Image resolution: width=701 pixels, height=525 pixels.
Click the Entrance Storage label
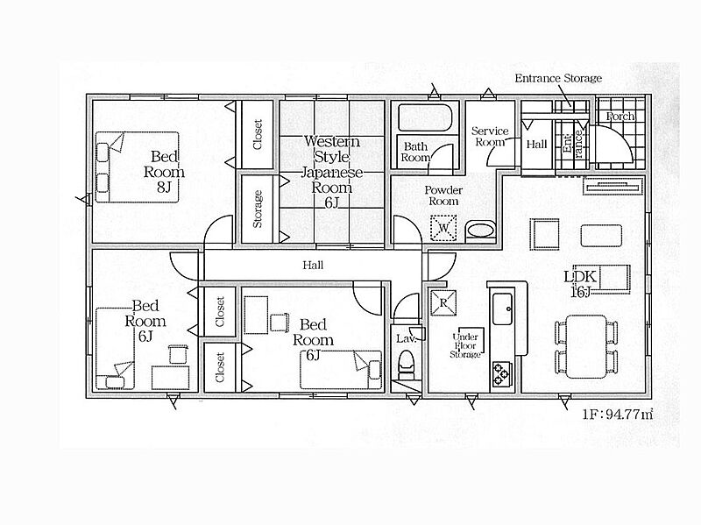point(558,78)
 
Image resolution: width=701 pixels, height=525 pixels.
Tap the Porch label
point(620,117)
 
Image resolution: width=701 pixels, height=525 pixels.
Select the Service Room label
point(490,137)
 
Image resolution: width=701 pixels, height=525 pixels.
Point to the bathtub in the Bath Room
point(425,117)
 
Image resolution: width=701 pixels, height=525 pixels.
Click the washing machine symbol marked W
point(443,228)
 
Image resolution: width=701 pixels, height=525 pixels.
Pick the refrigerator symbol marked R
point(443,302)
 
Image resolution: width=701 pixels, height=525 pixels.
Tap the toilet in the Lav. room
point(406,364)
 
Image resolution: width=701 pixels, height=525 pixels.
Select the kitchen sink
point(502,309)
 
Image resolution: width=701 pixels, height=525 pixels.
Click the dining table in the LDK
point(586,346)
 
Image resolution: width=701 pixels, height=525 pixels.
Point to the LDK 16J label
point(580,283)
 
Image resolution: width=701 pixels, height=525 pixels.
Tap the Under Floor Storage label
point(465,345)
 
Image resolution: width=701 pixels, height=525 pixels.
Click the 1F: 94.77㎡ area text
point(618,414)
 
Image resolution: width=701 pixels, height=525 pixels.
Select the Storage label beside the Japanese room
point(258,209)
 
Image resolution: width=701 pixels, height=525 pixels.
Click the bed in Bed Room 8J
point(138,167)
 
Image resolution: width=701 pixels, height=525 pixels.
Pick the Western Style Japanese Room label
point(331,172)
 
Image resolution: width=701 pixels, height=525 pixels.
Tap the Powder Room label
point(443,195)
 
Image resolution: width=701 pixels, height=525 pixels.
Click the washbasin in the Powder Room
point(480,231)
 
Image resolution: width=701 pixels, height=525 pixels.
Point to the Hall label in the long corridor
point(313,266)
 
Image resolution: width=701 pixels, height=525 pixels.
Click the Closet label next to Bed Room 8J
point(258,134)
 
